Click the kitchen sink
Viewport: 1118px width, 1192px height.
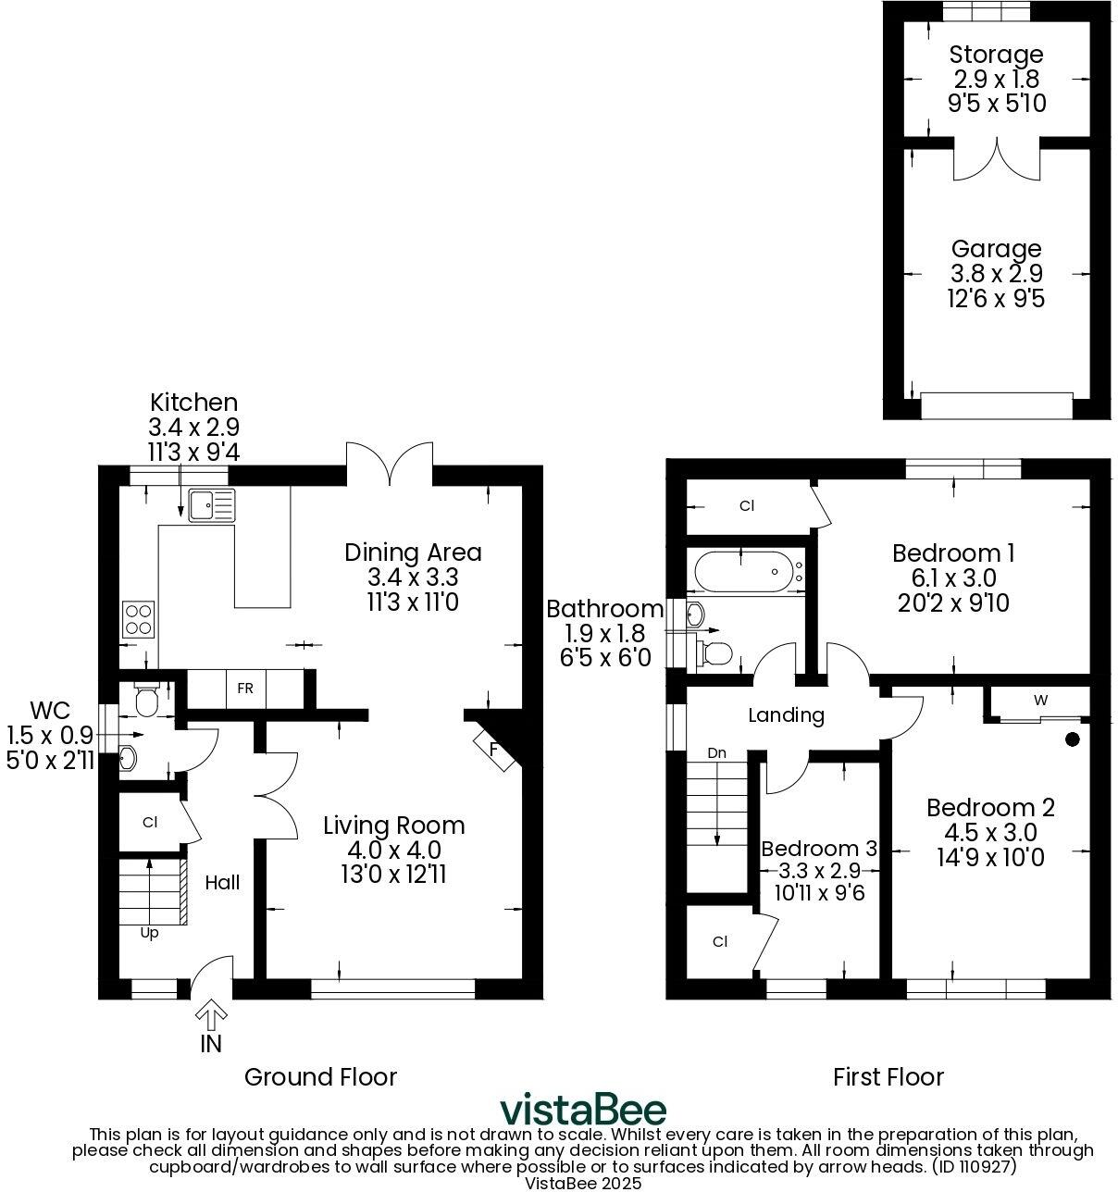[x=212, y=505]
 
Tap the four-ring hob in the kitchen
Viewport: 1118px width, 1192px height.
[x=139, y=618]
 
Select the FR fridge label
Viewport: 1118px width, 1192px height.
[x=245, y=689]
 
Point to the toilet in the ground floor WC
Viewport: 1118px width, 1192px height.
[x=147, y=701]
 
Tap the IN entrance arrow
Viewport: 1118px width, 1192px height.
[x=211, y=1016]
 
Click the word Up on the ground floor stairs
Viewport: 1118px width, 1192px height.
[x=149, y=933]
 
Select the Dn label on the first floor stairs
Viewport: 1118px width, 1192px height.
[x=716, y=753]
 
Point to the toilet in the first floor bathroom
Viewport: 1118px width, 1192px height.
[x=716, y=652]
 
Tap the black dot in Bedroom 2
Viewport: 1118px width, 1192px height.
[x=1072, y=739]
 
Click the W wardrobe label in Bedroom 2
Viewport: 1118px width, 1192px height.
[x=1040, y=701]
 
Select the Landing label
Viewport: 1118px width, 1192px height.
[x=786, y=715]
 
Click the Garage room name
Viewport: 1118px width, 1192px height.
[x=996, y=249]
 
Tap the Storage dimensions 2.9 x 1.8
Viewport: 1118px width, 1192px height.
[x=996, y=80]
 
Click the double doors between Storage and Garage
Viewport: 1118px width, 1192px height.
[x=996, y=160]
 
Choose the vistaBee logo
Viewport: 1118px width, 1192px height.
[x=583, y=1109]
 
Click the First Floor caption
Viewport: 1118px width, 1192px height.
[x=888, y=1077]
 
